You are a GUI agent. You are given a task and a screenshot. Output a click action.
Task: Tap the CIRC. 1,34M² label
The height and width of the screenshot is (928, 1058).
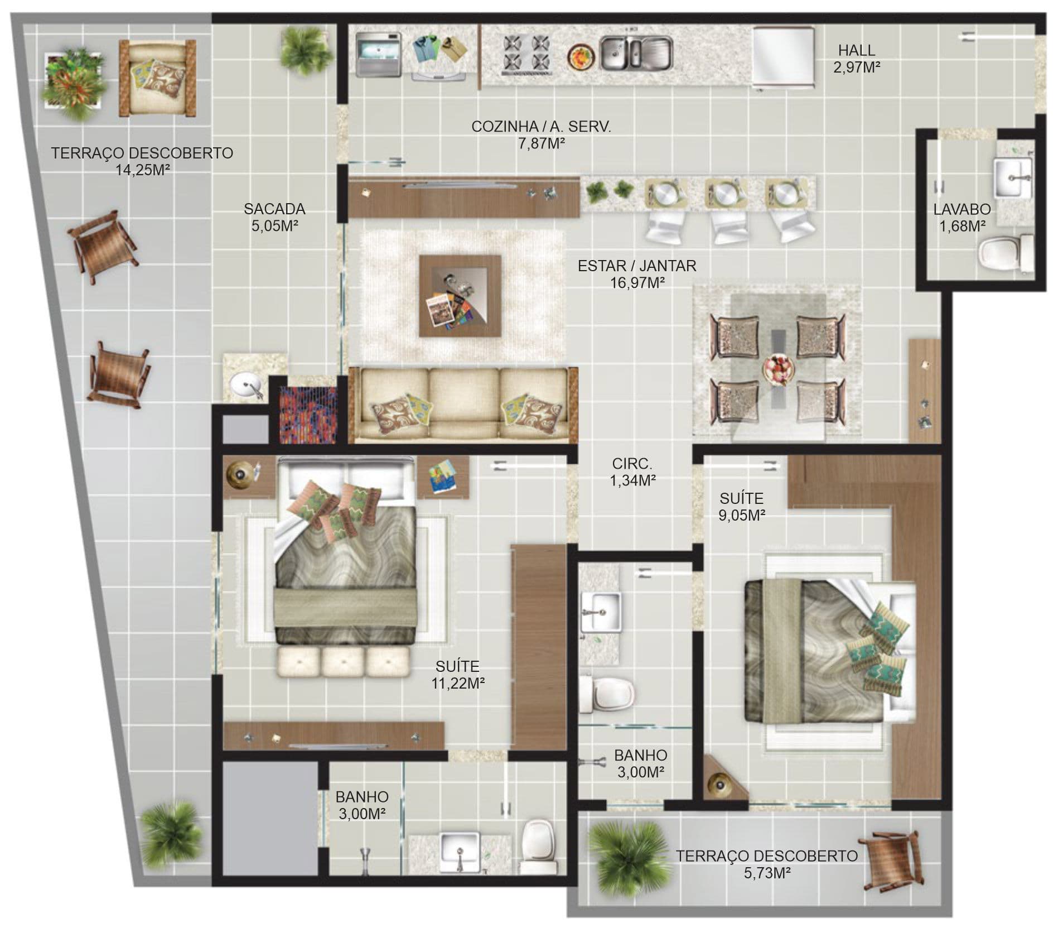pyautogui.click(x=632, y=472)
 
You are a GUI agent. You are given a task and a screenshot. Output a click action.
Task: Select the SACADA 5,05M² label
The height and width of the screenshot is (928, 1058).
pyautogui.click(x=274, y=217)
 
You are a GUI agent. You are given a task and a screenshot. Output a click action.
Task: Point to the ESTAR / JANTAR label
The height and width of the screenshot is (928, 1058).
pyautogui.click(x=637, y=266)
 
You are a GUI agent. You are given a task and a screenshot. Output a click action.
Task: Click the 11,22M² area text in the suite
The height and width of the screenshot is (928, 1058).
pyautogui.click(x=457, y=683)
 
